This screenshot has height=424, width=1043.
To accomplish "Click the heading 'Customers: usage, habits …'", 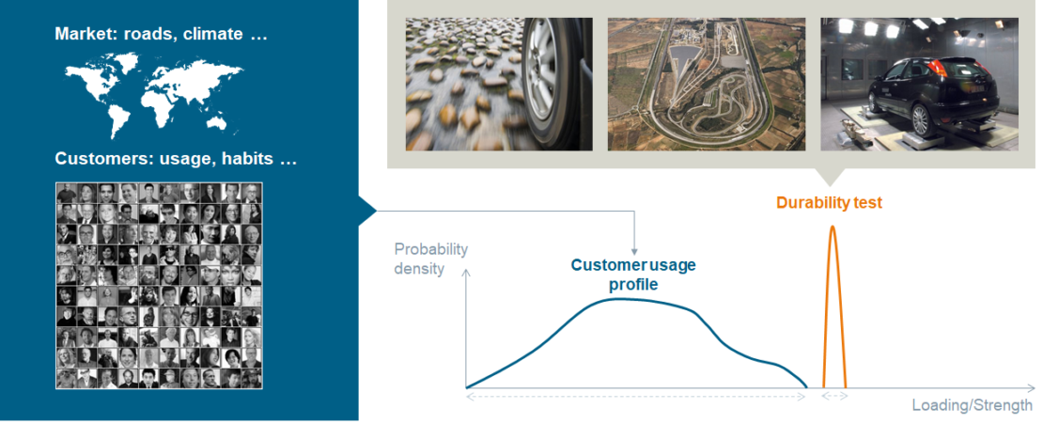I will pos(176,159).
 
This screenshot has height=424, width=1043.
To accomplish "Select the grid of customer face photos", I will pos(159,285).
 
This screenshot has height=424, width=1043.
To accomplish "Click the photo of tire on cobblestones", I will pos(499,84).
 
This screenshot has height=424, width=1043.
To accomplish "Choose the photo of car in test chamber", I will pos(919,84).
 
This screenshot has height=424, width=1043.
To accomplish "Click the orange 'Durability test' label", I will pos(829,202).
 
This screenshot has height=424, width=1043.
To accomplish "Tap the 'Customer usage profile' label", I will pos(633,274).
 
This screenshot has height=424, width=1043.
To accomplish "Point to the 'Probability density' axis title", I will pos(430,259).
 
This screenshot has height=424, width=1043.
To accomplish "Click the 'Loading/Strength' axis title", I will pos(973,406).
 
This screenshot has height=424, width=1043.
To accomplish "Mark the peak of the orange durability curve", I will pos(832,227).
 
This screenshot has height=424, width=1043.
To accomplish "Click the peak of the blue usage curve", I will pos(620,299).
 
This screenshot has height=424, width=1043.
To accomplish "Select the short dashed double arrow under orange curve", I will pos(834,397).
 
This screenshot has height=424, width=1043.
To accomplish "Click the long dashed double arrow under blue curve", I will pos(636,397).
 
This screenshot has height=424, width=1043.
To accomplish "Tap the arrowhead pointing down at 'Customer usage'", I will pos(635,251).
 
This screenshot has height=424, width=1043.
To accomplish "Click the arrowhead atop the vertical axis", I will pos(466,274).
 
